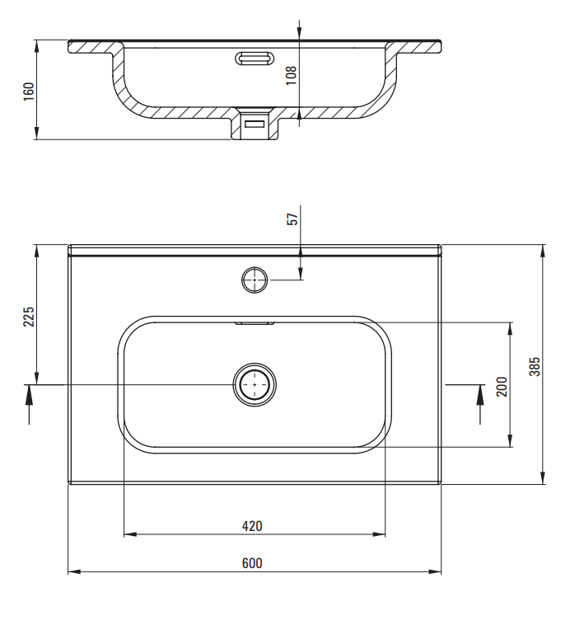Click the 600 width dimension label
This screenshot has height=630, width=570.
252,563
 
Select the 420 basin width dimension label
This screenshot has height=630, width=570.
252,525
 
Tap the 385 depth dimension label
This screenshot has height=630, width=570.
534,365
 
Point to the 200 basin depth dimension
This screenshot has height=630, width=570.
502,385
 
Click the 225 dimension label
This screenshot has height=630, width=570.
28,317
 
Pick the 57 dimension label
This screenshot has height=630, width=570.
292,219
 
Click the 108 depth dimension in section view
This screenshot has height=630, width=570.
291,76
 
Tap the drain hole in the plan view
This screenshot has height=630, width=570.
255,384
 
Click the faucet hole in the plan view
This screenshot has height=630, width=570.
255,280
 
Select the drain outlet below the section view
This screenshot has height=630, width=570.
254,125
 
